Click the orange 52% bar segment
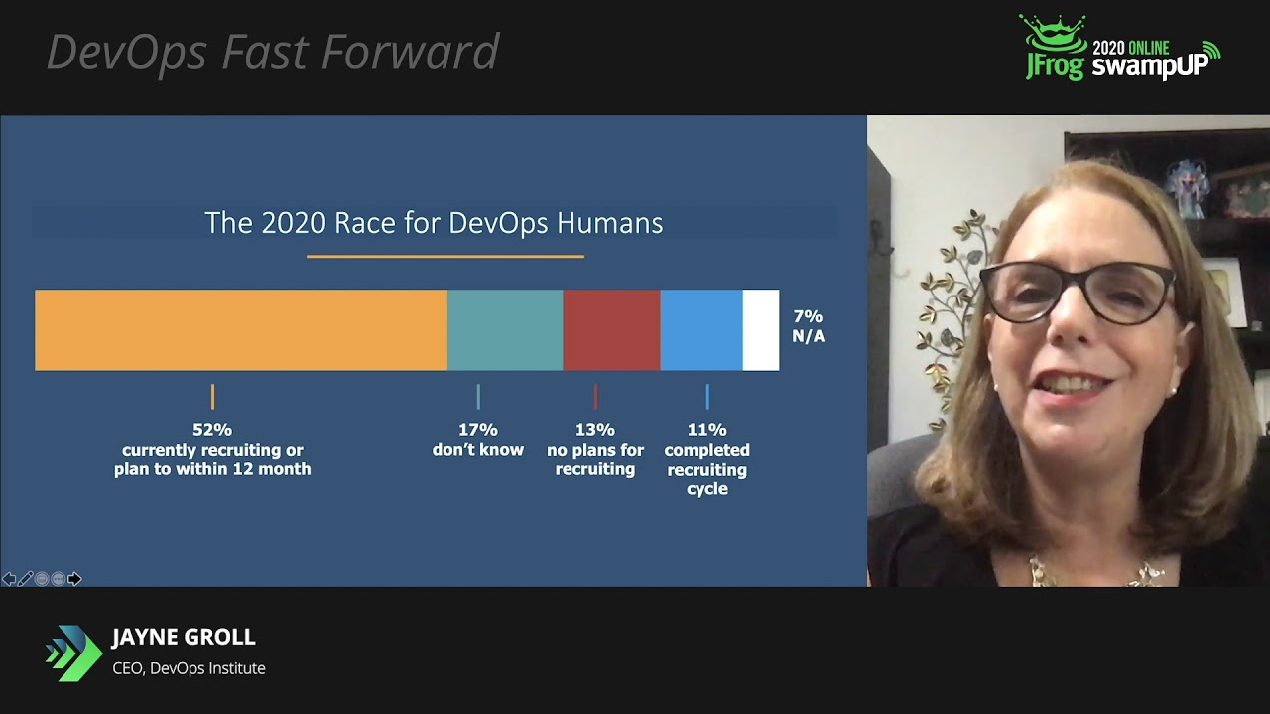click(241, 330)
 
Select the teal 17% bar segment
click(505, 330)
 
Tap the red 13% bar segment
click(611, 330)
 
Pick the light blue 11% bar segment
click(701, 330)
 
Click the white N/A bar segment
click(761, 330)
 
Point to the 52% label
click(212, 430)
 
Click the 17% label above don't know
click(478, 430)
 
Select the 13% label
click(595, 430)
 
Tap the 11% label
click(707, 430)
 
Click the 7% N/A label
click(808, 325)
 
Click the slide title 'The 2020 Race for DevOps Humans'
click(434, 223)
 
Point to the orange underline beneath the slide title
click(444, 257)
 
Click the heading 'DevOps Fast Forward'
click(273, 53)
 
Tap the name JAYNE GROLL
click(184, 637)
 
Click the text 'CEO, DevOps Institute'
click(189, 668)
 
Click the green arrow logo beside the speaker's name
click(73, 653)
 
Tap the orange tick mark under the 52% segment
click(212, 397)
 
